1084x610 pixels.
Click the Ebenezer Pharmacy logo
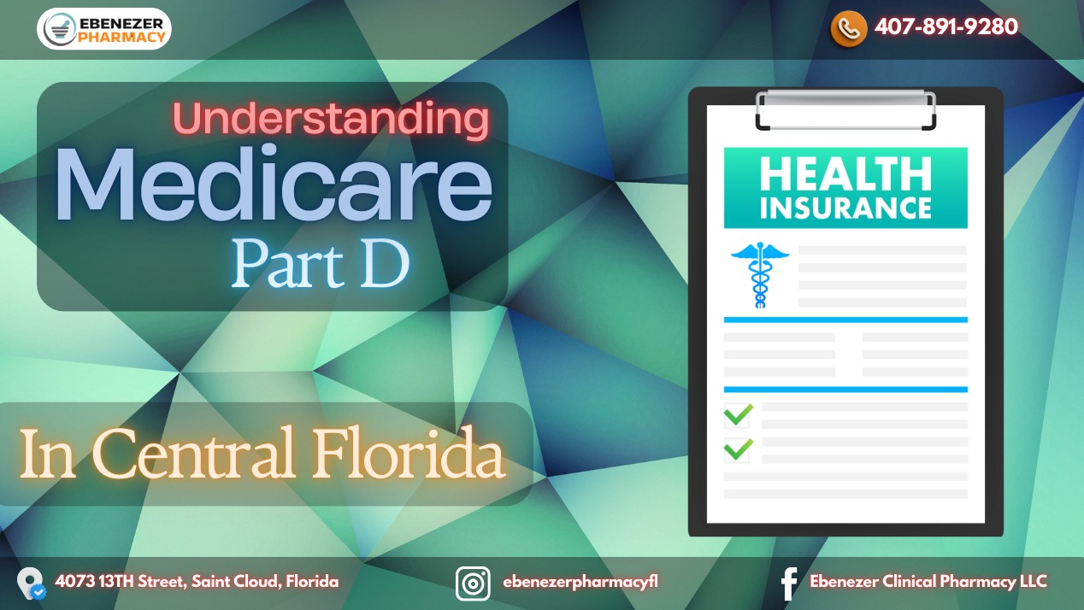104,29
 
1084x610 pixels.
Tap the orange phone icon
848,28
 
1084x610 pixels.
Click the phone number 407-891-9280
946,26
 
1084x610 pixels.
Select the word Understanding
331,119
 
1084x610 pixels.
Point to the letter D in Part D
385,264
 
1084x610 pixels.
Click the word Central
193,454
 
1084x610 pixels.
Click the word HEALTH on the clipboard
845,174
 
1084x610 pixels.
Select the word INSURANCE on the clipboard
845,208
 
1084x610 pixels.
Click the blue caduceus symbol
760,275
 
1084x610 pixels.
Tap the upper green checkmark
739,414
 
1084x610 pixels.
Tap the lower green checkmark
739,449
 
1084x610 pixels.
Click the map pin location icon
31,584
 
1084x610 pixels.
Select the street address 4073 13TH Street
120,582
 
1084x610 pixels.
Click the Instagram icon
473,584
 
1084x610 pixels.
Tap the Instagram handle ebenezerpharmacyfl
580,582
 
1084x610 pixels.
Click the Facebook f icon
789,584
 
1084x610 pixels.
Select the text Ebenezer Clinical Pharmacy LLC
928,582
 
